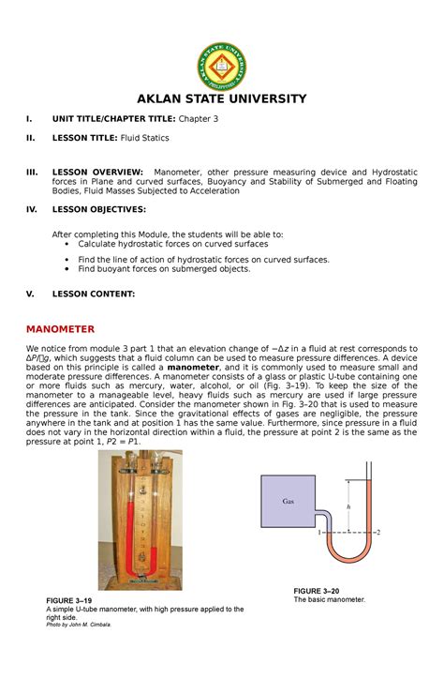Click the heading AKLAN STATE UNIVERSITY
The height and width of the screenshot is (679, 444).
click(x=222, y=98)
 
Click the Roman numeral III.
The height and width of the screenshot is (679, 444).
click(x=31, y=172)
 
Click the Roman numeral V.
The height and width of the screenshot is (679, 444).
click(x=29, y=294)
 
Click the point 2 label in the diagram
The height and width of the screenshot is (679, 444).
click(x=378, y=532)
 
